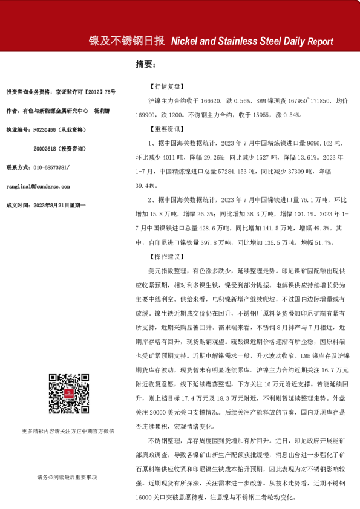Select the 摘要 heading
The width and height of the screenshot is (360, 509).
[x=146, y=63]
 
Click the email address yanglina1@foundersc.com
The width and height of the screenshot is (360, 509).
[x=38, y=187]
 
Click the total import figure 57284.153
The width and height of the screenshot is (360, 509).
[x=231, y=172]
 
